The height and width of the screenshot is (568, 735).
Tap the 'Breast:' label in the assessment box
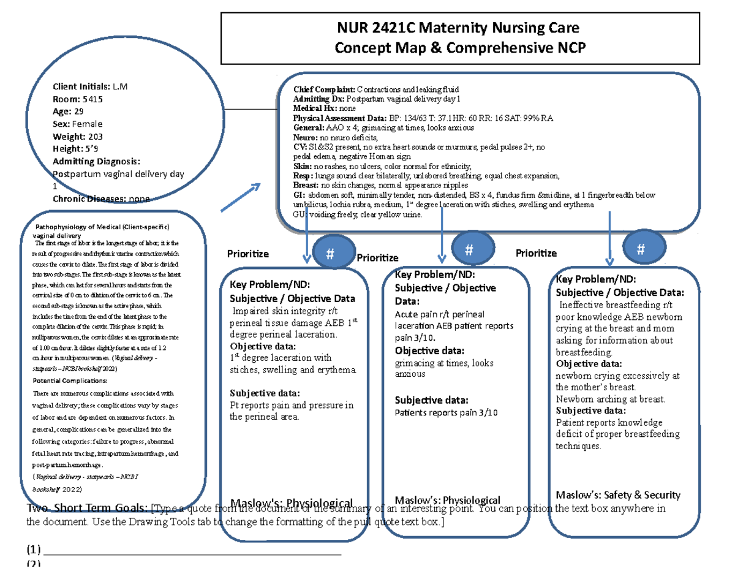pos(306,185)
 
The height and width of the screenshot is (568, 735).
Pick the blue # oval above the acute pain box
pos(469,249)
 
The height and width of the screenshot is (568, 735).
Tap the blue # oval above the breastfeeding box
pos(641,249)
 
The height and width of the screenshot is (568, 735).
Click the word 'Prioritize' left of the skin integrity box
pos(247,254)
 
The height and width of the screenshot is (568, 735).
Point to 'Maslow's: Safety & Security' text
pos(617,495)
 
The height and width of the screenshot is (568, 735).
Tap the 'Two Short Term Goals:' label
pos(88,508)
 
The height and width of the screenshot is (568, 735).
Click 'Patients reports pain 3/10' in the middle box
pos(446,413)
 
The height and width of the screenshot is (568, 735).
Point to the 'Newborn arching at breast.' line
pos(610,399)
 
